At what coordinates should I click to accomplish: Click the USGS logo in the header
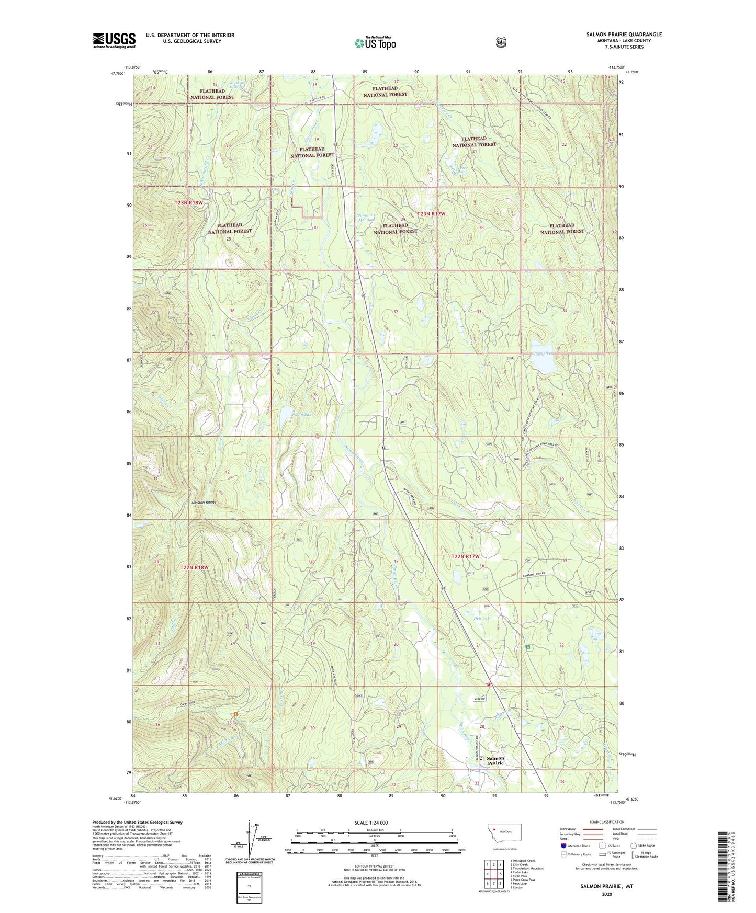point(114,40)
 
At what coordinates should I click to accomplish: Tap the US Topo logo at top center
point(374,43)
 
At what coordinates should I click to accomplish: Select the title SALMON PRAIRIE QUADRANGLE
point(624,35)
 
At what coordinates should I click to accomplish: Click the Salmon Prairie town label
point(495,760)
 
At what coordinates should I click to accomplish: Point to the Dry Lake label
point(482,618)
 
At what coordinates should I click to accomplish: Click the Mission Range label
point(204,503)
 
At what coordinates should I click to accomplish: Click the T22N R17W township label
point(465,557)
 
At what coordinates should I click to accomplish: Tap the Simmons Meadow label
point(365,218)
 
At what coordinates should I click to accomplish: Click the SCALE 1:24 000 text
point(371,823)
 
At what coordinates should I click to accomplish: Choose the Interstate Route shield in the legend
point(563,845)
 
